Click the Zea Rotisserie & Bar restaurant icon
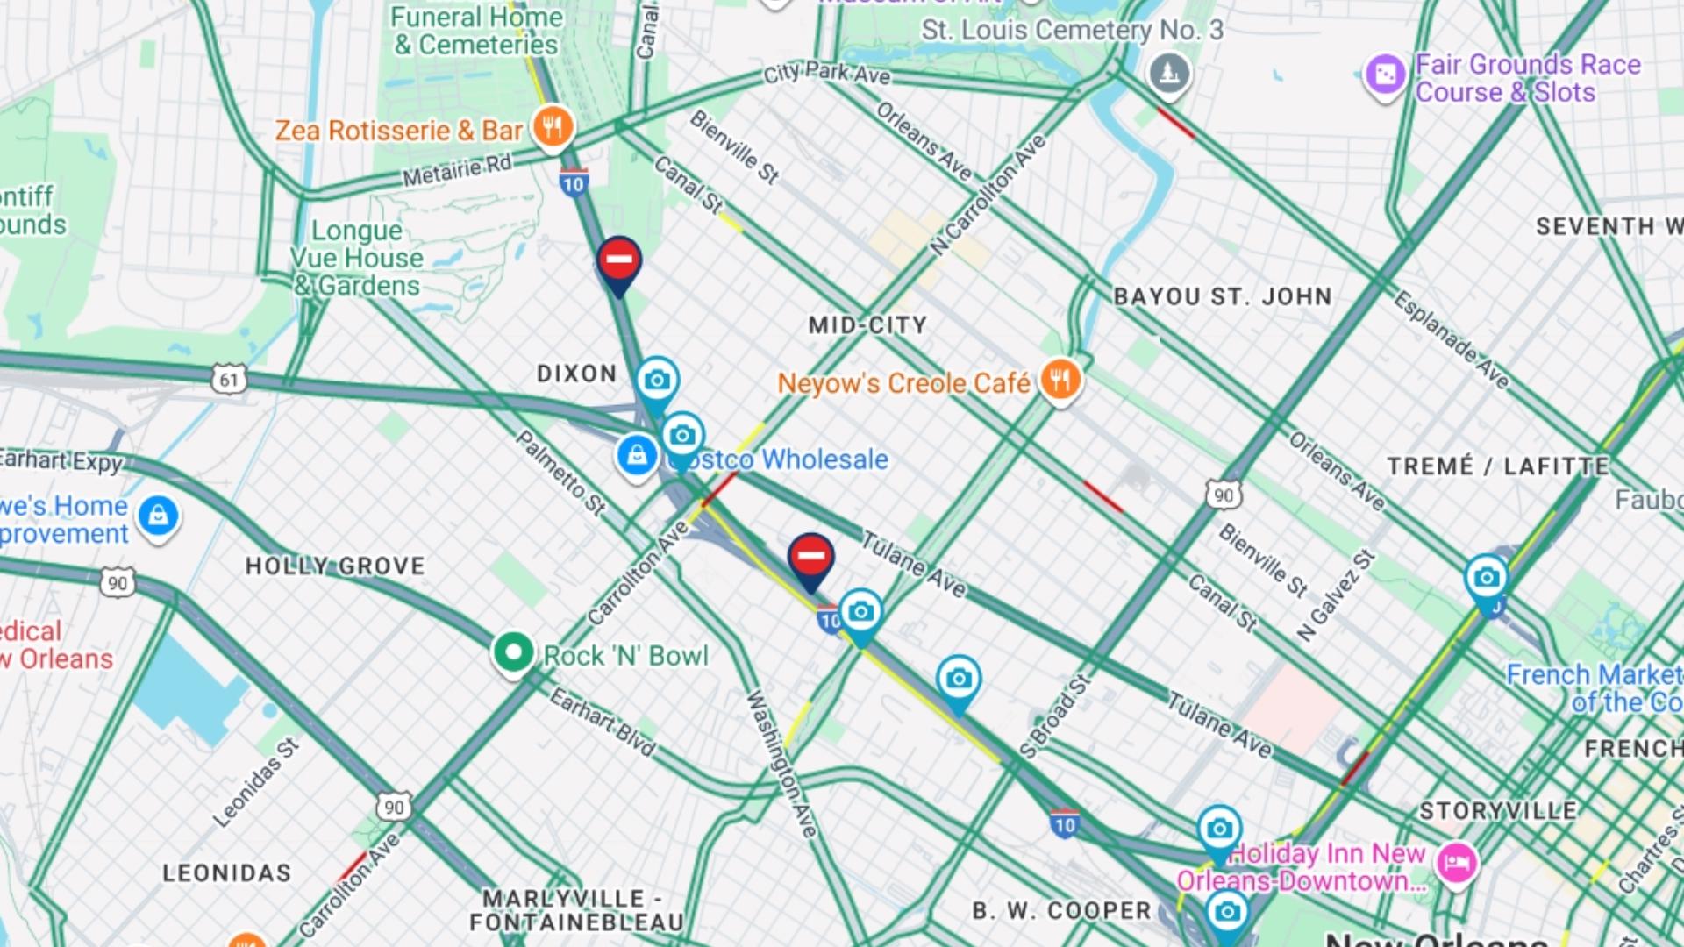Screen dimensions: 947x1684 click(x=553, y=128)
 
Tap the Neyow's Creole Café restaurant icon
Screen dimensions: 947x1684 click(x=1060, y=381)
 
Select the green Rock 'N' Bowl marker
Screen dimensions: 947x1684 click(x=513, y=652)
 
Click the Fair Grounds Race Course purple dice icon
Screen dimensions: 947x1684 click(x=1385, y=75)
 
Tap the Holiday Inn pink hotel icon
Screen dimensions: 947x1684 click(x=1456, y=863)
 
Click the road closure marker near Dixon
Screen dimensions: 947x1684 click(x=619, y=260)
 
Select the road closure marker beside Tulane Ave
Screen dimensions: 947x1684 click(x=810, y=558)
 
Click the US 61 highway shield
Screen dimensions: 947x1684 click(x=229, y=380)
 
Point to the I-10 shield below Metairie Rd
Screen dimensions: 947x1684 click(x=573, y=182)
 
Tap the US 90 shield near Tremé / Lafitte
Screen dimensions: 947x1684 click(x=1223, y=495)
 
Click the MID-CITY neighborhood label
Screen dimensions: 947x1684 click(x=867, y=325)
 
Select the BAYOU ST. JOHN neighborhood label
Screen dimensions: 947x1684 click(x=1223, y=296)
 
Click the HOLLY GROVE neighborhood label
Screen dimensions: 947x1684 click(x=335, y=566)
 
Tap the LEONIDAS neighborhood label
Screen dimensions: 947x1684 click(x=226, y=872)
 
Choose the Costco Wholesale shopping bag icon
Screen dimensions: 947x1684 click(x=638, y=455)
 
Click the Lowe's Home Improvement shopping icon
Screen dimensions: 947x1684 click(x=158, y=516)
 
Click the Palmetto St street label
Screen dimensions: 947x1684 click(x=560, y=473)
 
